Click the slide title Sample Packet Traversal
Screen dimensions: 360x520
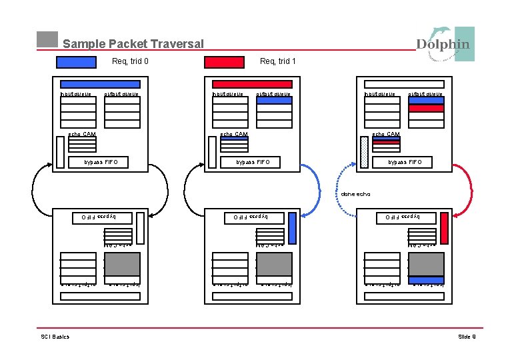133,44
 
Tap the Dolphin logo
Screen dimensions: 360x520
445,44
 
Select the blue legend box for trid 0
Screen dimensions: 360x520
76,62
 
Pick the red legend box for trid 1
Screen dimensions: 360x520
224,62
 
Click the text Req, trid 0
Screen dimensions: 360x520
130,62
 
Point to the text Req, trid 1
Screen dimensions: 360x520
277,62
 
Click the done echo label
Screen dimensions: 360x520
355,195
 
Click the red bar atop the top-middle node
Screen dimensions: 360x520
252,85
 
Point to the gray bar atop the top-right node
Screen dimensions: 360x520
404,85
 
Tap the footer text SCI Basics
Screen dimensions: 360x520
55,337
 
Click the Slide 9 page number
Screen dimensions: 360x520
467,337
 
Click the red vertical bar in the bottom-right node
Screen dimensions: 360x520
445,228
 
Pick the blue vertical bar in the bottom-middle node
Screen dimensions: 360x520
293,228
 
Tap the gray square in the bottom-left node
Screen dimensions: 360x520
123,265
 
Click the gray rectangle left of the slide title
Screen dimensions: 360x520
47,39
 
